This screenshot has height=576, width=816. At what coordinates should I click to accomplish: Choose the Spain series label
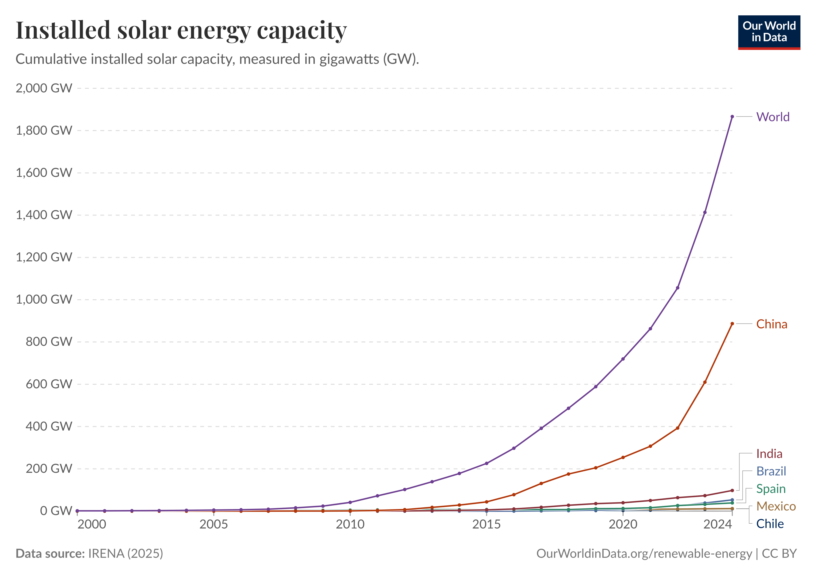(770, 489)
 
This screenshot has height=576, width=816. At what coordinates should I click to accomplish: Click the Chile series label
(769, 524)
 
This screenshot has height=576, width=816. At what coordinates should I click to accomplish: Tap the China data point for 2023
(704, 382)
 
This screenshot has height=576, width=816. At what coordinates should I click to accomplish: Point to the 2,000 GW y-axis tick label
(44, 88)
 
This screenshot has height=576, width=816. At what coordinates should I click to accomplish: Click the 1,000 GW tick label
(44, 300)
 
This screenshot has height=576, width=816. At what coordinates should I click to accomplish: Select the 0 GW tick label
(55, 511)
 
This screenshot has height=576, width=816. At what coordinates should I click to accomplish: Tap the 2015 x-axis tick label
(486, 524)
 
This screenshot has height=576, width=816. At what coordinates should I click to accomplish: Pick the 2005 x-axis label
(213, 524)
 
